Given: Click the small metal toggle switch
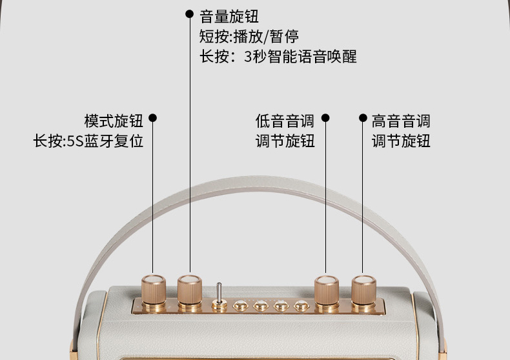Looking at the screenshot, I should coord(219,297).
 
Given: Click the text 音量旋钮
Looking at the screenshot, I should coord(229,15).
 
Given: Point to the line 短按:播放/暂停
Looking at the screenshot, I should coord(249,35).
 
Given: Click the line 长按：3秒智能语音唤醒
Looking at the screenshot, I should coord(278,56).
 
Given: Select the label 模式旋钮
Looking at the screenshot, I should coord(114,120).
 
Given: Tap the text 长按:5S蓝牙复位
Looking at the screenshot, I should coord(88,141).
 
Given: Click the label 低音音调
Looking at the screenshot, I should coord(285,120).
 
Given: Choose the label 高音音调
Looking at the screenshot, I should coord(401,120).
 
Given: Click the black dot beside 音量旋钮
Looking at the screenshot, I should coord(189,14).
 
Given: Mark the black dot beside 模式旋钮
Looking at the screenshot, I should coord(153,118).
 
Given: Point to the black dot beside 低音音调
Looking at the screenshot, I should coord(325,118).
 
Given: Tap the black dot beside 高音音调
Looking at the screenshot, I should coord(362,118).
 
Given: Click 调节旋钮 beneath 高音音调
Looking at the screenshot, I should coord(401,141).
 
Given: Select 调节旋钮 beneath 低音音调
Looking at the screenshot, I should coord(285,141).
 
